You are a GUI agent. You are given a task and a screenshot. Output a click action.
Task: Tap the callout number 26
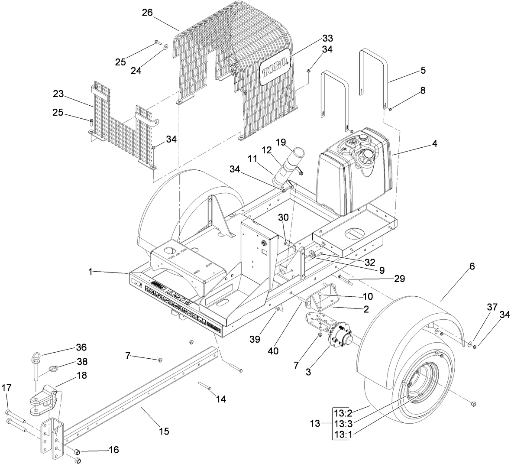147,13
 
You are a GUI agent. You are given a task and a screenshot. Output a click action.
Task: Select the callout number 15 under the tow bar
164,431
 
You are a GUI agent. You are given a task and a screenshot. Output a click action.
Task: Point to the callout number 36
81,347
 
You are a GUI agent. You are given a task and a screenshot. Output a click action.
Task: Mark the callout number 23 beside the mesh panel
58,94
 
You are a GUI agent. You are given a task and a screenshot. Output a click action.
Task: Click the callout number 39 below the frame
255,339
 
